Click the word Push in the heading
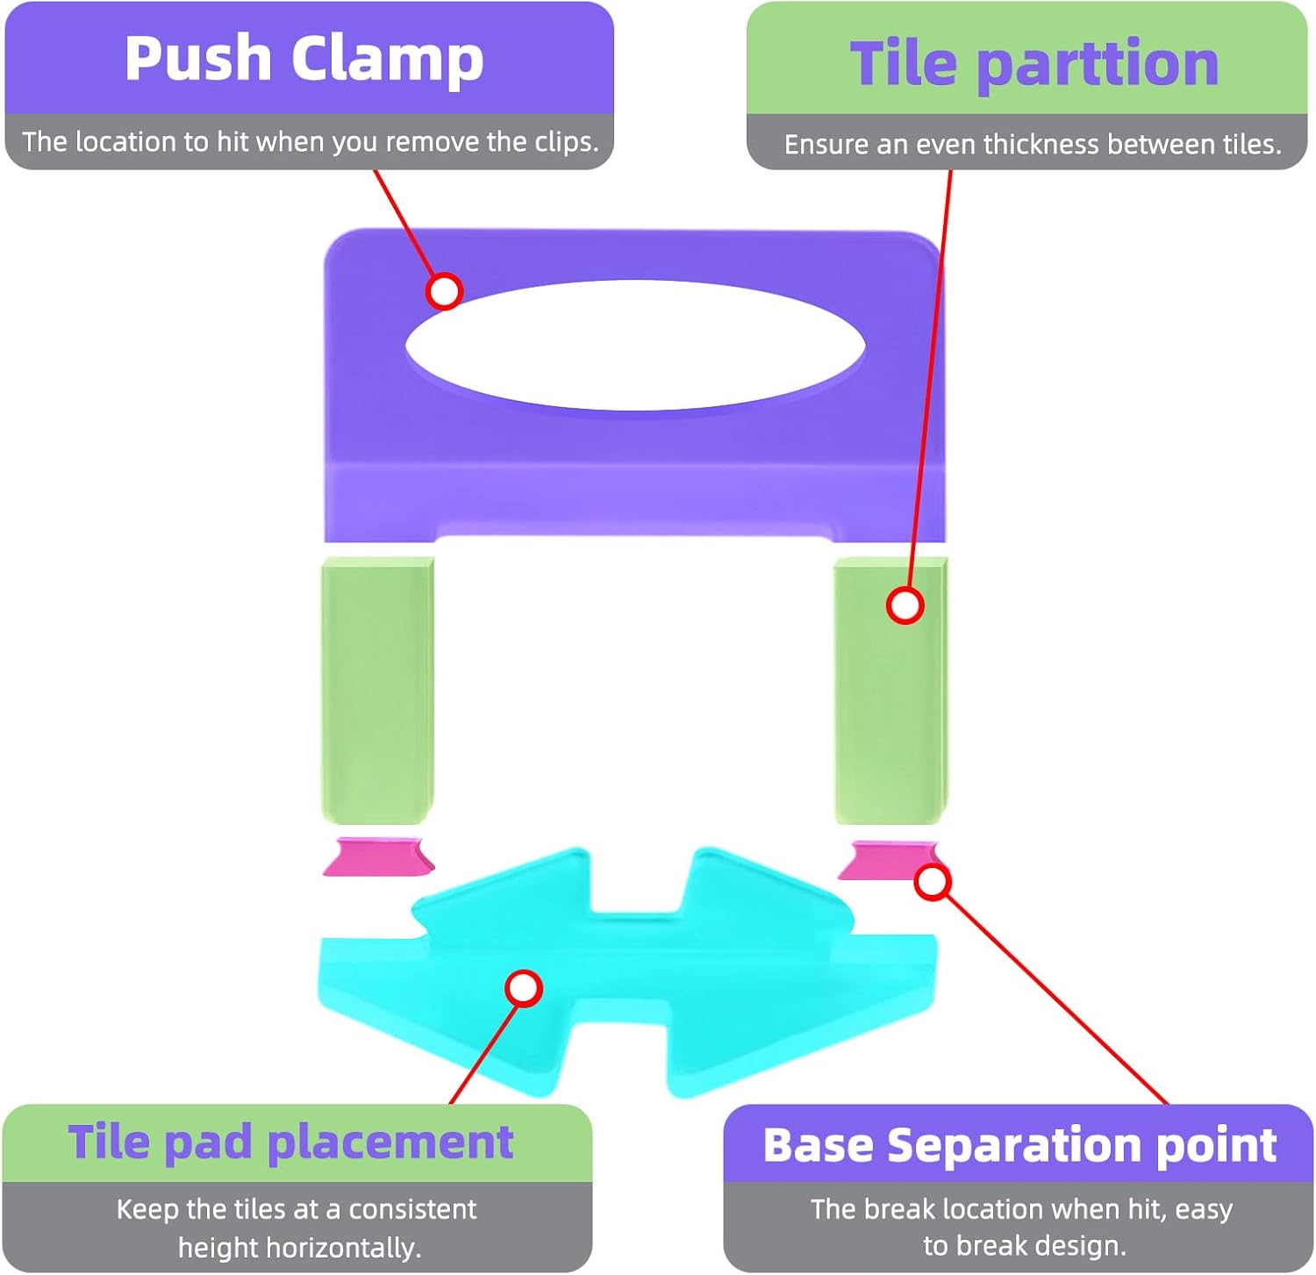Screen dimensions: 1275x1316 pos(197,59)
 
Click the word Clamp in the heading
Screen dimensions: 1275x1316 pos(387,60)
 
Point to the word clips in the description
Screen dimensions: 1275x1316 pos(565,141)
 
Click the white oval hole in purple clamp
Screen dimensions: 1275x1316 pos(635,345)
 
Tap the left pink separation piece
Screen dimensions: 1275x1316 pos(379,856)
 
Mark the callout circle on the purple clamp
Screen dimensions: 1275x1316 pos(444,290)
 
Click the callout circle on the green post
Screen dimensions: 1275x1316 pos(905,605)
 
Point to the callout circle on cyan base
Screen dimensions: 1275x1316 pos(524,988)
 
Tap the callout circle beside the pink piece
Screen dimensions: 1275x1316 pos(933,882)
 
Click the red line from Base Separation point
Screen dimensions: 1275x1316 pos(1053,996)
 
